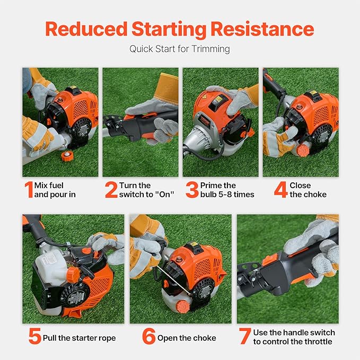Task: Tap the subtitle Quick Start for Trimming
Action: pos(180,49)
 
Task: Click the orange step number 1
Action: pos(28,190)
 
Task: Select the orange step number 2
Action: pos(111,190)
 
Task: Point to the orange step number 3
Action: pos(192,190)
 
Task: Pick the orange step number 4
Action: pos(280,190)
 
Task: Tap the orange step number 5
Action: pos(34,337)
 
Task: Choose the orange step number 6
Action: pos(148,337)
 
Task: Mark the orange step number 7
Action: pos(244,337)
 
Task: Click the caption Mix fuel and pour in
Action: pos(55,190)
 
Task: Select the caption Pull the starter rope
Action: pos(79,338)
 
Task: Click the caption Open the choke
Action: pos(187,338)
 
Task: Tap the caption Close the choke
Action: pos(308,190)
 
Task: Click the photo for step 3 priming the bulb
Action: pos(220,122)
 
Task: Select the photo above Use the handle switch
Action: pos(287,269)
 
